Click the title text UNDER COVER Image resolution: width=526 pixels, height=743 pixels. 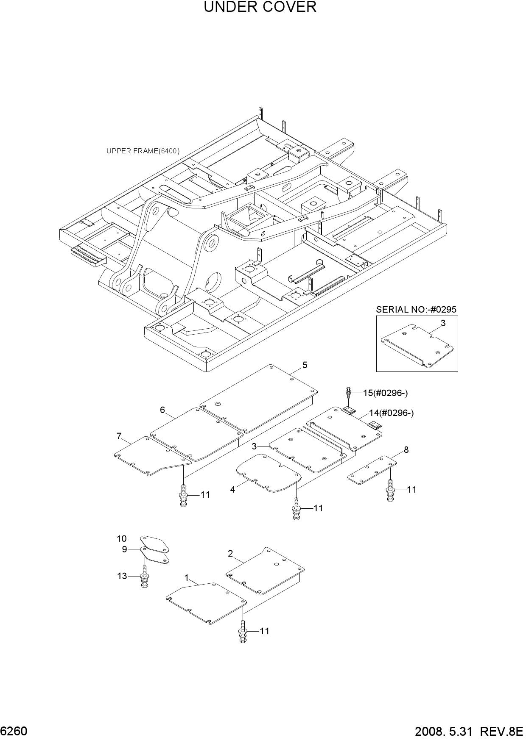pyautogui.click(x=260, y=7)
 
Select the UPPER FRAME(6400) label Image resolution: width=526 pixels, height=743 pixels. pyautogui.click(x=143, y=151)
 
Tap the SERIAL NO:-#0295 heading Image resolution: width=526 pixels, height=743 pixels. pyautogui.click(x=416, y=310)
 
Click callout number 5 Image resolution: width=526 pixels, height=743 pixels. pyautogui.click(x=305, y=365)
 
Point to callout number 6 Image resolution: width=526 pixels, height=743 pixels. pyautogui.click(x=162, y=410)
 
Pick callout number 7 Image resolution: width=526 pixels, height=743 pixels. pyautogui.click(x=119, y=436)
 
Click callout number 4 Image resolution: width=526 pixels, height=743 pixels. pyautogui.click(x=232, y=490)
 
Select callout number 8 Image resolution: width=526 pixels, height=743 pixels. pyautogui.click(x=406, y=450)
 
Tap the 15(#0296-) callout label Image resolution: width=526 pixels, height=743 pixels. pyautogui.click(x=385, y=393)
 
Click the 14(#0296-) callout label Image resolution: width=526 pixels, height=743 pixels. pyautogui.click(x=391, y=413)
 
